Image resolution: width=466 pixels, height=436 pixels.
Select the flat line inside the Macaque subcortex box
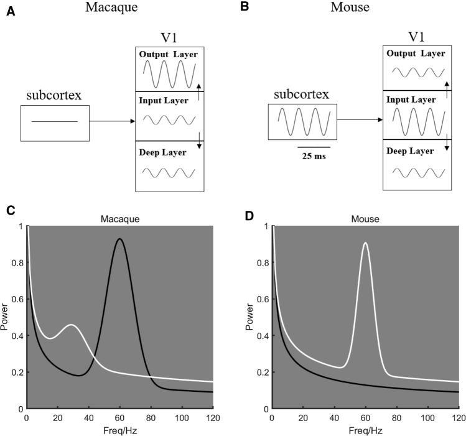pyautogui.click(x=55, y=122)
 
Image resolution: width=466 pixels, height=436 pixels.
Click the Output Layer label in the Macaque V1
pyautogui.click(x=169, y=55)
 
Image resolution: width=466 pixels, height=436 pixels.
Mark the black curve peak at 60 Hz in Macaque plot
pyautogui.click(x=119, y=239)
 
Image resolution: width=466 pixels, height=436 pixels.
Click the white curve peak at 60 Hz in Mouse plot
pyautogui.click(x=365, y=243)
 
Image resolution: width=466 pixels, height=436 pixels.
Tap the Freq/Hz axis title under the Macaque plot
pyautogui.click(x=119, y=430)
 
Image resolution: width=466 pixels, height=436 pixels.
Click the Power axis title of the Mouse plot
pyautogui.click(x=249, y=317)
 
